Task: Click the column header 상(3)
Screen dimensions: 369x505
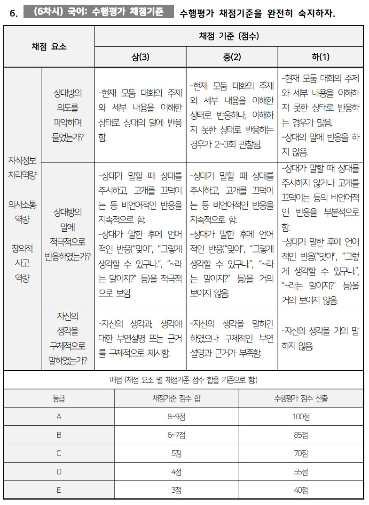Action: point(140,57)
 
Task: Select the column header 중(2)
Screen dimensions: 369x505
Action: point(232,57)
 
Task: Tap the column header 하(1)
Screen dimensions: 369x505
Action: point(321,57)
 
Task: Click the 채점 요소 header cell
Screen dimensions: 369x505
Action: point(49,46)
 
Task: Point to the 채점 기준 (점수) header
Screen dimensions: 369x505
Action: point(228,36)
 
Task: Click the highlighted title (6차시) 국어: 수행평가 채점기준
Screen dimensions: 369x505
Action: point(99,12)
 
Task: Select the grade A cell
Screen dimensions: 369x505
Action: point(59,417)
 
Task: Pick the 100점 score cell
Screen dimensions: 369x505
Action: point(301,417)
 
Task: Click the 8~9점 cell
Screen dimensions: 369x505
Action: point(176,417)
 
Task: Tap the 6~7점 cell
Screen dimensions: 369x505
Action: point(176,435)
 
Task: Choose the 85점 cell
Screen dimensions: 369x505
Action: point(301,435)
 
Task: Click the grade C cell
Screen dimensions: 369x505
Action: point(59,454)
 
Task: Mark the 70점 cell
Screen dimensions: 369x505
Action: point(301,454)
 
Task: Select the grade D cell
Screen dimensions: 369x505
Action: point(59,472)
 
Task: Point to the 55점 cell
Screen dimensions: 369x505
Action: point(301,472)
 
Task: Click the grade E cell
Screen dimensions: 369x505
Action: point(59,490)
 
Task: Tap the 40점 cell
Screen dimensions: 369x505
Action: point(301,490)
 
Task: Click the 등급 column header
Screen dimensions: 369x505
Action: point(59,399)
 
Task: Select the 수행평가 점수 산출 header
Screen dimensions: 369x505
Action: point(301,399)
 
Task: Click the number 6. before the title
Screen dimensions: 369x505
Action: point(13,13)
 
